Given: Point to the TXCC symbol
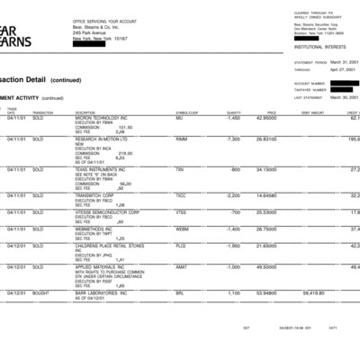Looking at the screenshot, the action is [180, 194].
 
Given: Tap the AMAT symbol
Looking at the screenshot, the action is [181, 266].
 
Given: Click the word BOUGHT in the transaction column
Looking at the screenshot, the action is [42, 292].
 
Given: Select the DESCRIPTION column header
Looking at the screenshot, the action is [85, 112].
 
